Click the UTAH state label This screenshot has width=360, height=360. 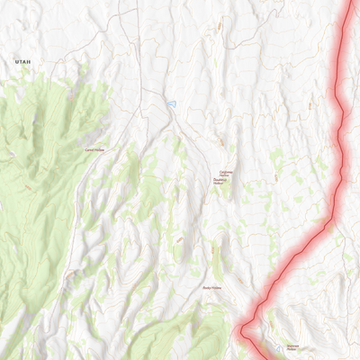coord(22,61)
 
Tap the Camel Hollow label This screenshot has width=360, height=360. coord(94,149)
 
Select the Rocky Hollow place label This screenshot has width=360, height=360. coord(212,289)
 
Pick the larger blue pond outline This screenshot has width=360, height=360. coord(171,106)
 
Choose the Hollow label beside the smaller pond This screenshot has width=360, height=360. coord(292,347)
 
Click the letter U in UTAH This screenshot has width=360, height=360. coord(16,61)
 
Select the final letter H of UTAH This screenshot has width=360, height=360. coord(29,61)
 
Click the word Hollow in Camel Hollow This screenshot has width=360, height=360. coord(100,149)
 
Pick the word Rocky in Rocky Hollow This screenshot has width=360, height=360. coord(207,289)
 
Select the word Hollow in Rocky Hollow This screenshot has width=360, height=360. coord(218,289)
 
